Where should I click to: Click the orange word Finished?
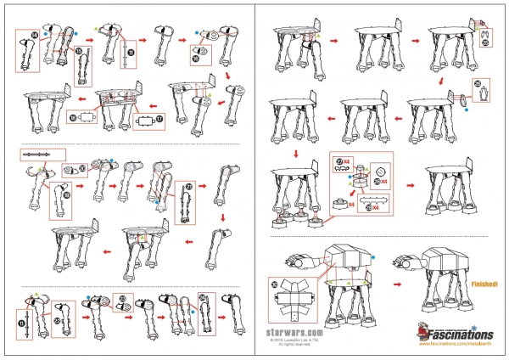point(484,284)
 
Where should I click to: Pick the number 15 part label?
point(78,53)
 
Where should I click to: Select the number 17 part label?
point(160,121)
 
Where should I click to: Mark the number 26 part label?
point(478,83)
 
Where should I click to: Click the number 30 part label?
point(273,284)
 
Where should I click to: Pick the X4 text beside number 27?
point(347,160)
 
